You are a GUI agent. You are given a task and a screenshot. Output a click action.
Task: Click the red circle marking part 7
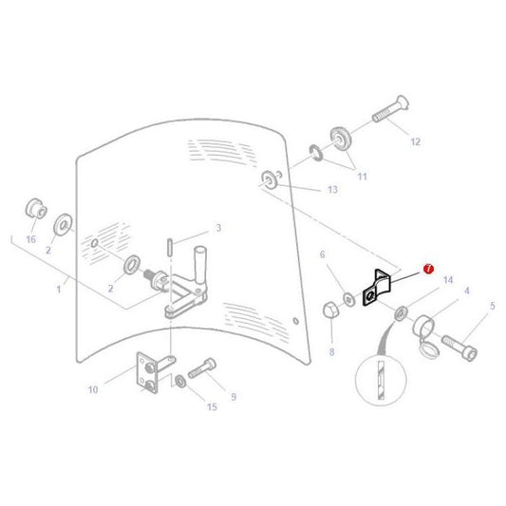point(428,270)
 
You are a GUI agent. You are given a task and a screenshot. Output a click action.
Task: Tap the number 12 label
point(414,141)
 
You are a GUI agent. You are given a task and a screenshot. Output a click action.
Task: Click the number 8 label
point(330,351)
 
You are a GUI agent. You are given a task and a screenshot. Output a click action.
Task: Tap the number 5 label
point(492,306)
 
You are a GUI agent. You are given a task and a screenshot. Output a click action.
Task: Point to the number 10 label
point(119,389)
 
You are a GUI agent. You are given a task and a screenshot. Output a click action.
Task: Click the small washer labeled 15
point(179,382)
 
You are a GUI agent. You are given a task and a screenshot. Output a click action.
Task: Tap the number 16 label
point(30,239)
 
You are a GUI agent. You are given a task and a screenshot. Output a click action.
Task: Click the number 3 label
point(217,228)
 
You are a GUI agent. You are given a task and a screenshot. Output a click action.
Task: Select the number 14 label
point(449,281)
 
